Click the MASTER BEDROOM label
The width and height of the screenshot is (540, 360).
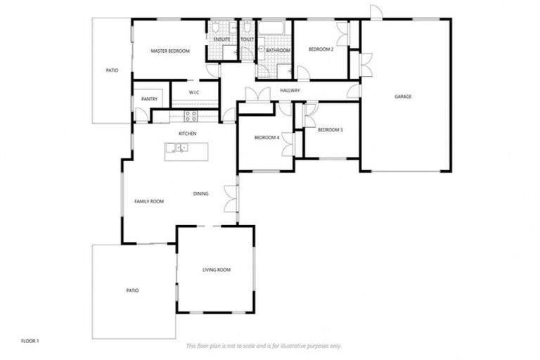coord(170,51)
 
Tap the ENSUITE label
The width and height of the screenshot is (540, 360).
coord(221,40)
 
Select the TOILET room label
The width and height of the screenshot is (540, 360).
coord(247,40)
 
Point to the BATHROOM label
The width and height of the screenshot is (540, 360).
coord(278,51)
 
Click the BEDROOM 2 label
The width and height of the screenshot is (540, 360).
coord(321,49)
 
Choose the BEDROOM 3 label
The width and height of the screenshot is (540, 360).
coord(330,130)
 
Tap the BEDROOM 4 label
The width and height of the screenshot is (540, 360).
coord(267,138)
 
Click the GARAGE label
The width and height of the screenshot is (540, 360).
coord(403,96)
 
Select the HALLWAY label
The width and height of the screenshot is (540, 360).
coord(290,91)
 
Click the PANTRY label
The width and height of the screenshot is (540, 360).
coord(149,99)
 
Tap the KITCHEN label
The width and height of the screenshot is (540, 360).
coord(187,134)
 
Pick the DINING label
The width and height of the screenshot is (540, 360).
coord(200,193)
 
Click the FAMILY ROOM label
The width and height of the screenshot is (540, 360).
coord(149,202)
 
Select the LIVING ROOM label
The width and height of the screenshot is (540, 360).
coord(216,270)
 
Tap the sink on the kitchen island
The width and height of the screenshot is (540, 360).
coord(181,148)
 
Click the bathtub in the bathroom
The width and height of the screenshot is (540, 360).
coord(271,29)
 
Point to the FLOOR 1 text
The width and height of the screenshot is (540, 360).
coord(30,341)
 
